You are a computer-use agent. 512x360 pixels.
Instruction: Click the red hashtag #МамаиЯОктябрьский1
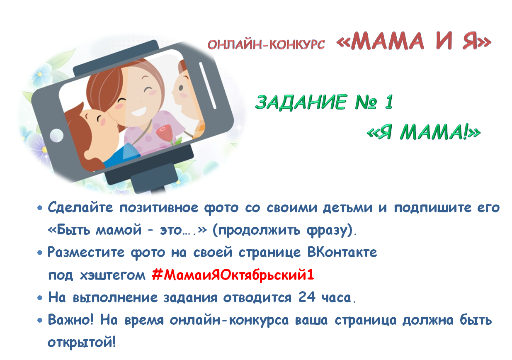pos(233,275)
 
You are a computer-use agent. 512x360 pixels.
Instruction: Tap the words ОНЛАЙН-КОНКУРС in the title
pos(266,44)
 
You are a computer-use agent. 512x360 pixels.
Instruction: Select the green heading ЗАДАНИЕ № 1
pos(324,102)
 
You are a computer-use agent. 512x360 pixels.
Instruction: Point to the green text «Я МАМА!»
pos(424,132)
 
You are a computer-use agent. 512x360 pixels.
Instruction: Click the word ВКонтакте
pos(342,252)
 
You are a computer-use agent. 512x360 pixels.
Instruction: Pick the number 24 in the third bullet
pos(307,297)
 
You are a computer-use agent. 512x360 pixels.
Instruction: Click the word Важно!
pos(70,319)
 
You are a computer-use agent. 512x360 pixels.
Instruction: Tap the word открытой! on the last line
pos(82,343)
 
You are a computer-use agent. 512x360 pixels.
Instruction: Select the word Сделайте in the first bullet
pos(80,207)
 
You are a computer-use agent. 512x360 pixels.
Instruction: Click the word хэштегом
pos(113,275)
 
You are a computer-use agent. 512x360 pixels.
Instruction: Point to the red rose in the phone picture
pos(164,133)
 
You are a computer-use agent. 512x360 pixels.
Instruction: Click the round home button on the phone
pos(56,135)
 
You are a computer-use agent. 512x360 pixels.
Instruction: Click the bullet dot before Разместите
pos(40,253)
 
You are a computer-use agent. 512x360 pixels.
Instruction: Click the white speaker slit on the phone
pos(208,85)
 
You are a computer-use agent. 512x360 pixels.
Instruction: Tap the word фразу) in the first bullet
pos(331,230)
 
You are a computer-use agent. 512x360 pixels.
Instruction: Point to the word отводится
pos(257,297)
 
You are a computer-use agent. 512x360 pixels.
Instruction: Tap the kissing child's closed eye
pos(99,119)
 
